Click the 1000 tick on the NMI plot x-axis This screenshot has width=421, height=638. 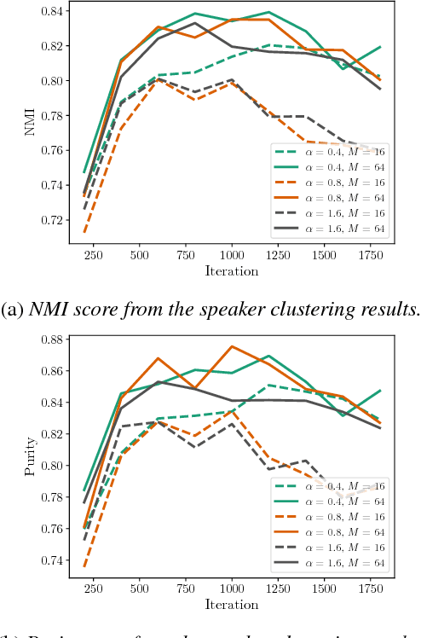pos(232,255)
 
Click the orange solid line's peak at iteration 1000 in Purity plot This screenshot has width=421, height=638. pos(232,346)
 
